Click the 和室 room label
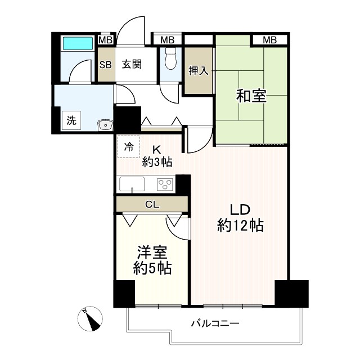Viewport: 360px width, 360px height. coord(251,97)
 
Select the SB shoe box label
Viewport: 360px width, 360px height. coord(105,64)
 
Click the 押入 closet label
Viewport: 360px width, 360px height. coord(197,71)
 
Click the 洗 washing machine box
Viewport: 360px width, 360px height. coord(71,120)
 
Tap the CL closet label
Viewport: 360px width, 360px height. coord(152,204)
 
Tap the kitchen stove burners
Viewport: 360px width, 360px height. coord(165,184)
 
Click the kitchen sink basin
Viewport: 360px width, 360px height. coord(131,184)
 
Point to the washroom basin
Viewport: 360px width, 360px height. coord(103,125)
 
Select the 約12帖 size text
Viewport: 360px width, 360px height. coord(241,226)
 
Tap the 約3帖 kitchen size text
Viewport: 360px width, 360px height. coord(157,163)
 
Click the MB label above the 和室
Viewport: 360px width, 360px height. coord(269,39)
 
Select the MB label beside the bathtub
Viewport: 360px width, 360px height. coord(105,39)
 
